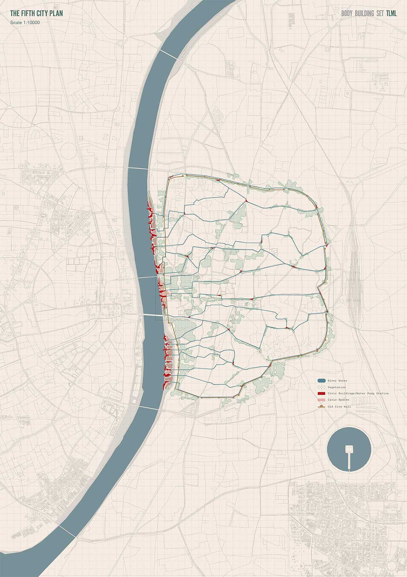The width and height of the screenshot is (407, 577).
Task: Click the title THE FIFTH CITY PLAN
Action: pos(36,14)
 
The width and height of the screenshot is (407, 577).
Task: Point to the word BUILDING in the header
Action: pos(366,14)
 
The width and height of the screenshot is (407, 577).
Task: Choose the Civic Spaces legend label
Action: pos(338,400)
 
